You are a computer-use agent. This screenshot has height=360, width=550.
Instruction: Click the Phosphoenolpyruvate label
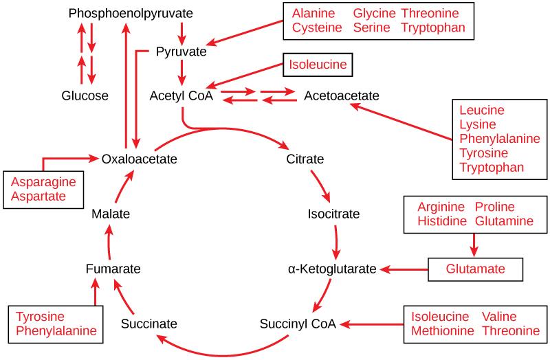click(131, 14)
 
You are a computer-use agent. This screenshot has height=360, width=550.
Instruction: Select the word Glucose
click(85, 96)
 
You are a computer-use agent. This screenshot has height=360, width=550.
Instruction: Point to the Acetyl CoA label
click(181, 96)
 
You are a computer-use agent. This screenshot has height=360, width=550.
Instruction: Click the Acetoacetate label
click(342, 96)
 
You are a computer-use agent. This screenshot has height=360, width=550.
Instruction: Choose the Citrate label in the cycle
click(305, 159)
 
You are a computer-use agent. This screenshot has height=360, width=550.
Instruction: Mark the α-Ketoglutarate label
click(333, 269)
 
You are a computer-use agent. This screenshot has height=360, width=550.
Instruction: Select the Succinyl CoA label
click(298, 323)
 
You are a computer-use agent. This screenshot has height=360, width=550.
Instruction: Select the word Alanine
click(313, 14)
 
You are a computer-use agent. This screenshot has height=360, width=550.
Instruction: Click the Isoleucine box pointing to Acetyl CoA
click(318, 67)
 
